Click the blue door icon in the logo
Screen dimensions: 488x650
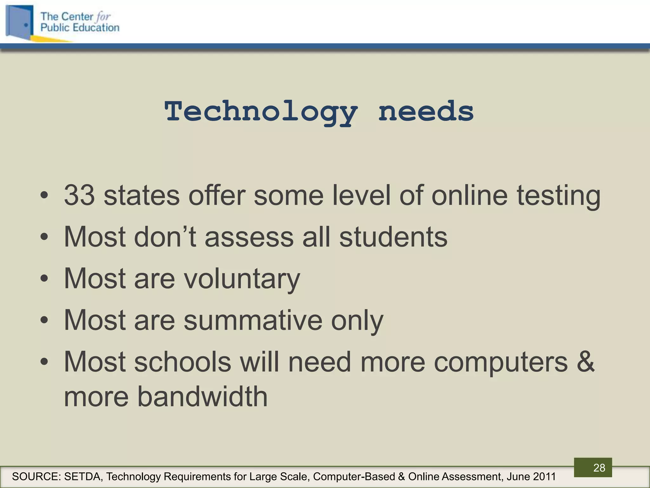[20, 22]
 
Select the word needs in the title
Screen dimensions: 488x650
[426, 112]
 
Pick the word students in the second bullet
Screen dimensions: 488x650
[393, 237]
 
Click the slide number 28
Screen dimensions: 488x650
[599, 468]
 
